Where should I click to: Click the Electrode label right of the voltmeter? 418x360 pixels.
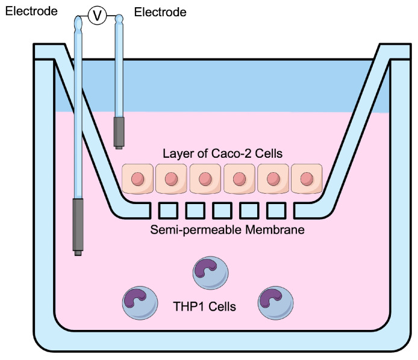160,12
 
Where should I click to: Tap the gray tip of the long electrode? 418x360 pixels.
78,225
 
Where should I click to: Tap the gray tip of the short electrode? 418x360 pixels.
119,132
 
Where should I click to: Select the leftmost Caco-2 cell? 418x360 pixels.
137,179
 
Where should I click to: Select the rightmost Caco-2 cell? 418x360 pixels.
307,179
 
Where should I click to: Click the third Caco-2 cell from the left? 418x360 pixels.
205,179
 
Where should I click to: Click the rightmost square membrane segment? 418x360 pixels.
276,211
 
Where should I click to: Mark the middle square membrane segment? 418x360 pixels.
222,211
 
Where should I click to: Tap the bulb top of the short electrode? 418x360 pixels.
119,22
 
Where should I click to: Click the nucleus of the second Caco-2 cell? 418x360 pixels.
171,179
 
